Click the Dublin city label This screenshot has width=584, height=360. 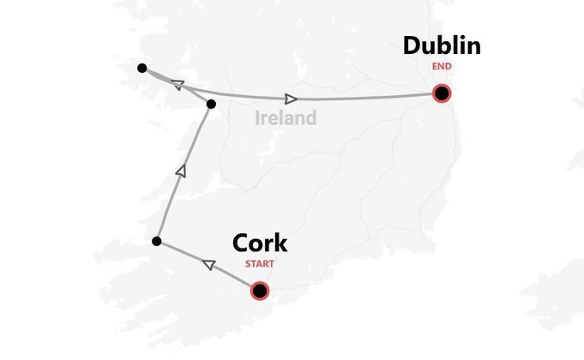coord(442,45)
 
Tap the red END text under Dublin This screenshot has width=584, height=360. coord(442,66)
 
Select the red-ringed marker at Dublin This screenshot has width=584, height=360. coord(442,93)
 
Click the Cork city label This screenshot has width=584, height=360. coord(260,243)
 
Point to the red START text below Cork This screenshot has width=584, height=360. coord(260,264)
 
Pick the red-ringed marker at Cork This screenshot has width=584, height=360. coord(260,291)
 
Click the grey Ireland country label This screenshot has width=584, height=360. coord(286,117)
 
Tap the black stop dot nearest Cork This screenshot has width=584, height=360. coord(156,242)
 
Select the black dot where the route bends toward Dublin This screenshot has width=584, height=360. coord(211,105)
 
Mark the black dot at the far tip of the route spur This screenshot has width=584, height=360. coord(141,68)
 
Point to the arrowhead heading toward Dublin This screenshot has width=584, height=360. coord(292,99)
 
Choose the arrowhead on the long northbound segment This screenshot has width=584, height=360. coord(180,171)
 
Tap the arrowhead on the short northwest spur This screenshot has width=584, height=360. coord(178,85)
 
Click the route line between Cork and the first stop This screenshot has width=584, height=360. coord(232,277)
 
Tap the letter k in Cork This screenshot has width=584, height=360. coord(280,243)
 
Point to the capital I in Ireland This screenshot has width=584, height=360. coord(258,117)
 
